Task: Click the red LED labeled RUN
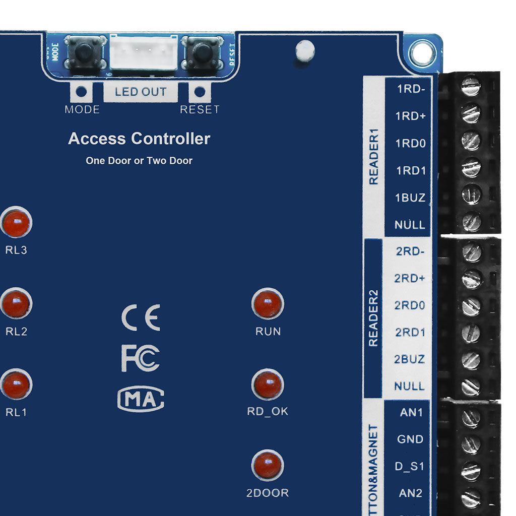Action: tap(268, 304)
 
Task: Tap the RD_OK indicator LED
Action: tap(268, 385)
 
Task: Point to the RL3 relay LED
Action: tap(16, 222)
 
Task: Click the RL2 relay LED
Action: tap(16, 304)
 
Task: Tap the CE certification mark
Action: tap(141, 317)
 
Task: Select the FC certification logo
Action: tap(141, 358)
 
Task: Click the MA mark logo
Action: tap(141, 399)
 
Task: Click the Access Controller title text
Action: tap(139, 139)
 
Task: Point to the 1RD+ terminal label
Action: tap(411, 116)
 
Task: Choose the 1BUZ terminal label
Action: tap(410, 198)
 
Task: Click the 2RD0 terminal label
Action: tap(410, 305)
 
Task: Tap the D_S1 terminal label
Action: tap(410, 467)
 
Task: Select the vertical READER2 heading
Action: tap(373, 318)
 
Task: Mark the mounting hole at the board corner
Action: tap(422, 52)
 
